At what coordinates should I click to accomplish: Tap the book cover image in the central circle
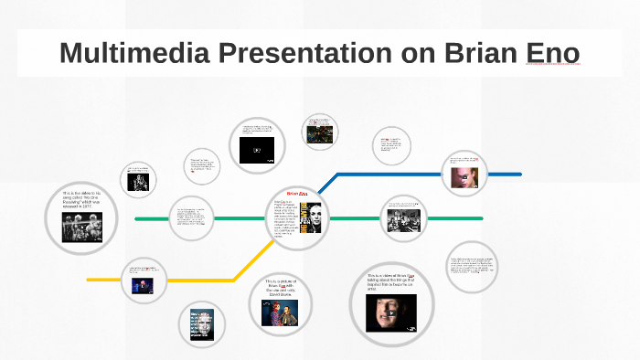point(311,222)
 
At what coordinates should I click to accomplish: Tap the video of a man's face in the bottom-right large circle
point(390,312)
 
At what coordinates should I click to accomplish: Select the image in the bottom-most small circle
point(201,325)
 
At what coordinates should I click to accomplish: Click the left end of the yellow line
point(89,279)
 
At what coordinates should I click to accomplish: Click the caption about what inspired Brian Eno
point(391,281)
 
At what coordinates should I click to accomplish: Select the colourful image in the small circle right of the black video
point(319,133)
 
